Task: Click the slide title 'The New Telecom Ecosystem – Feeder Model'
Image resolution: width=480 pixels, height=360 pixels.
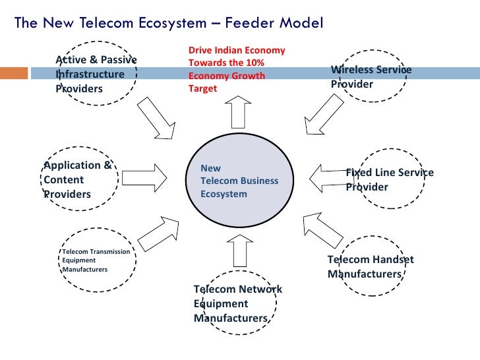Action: pos(169,23)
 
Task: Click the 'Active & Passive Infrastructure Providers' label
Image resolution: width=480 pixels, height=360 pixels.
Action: pos(96,74)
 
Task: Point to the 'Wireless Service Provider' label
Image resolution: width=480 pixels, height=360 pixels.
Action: pos(371,76)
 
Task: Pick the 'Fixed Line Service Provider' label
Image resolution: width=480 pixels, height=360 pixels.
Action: pos(389,179)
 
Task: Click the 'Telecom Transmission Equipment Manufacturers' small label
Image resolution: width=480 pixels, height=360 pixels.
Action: pos(96,260)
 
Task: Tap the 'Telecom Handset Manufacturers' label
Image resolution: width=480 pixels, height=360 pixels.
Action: pos(370,266)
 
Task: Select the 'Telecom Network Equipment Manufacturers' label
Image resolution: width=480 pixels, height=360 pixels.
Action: pos(237,303)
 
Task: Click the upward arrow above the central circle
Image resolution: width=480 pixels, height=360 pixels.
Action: pos(237,111)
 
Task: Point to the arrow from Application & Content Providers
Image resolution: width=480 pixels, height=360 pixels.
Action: pos(144,177)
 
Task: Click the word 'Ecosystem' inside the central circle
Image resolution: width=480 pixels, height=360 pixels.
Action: pos(224,194)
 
